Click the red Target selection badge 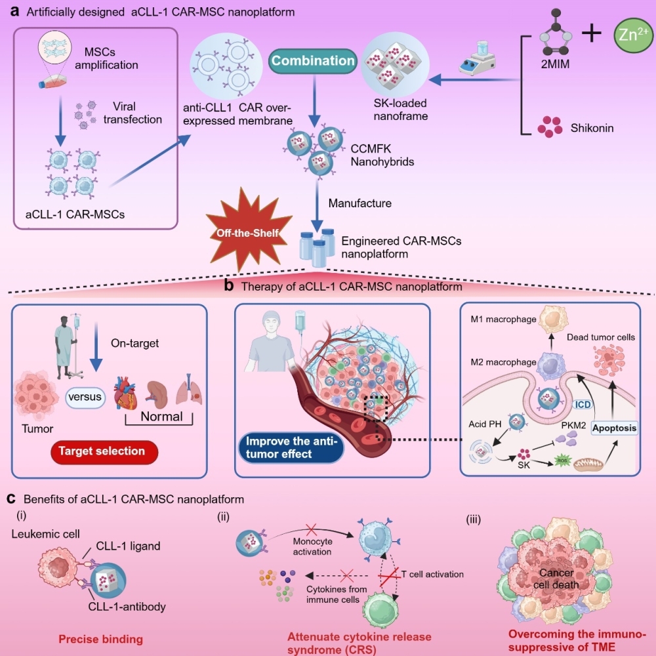tap(110, 452)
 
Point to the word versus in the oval tap(85, 397)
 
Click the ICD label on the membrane tap(581, 405)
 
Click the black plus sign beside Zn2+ tap(592, 33)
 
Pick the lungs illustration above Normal tap(192, 392)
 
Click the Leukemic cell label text tap(42, 533)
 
